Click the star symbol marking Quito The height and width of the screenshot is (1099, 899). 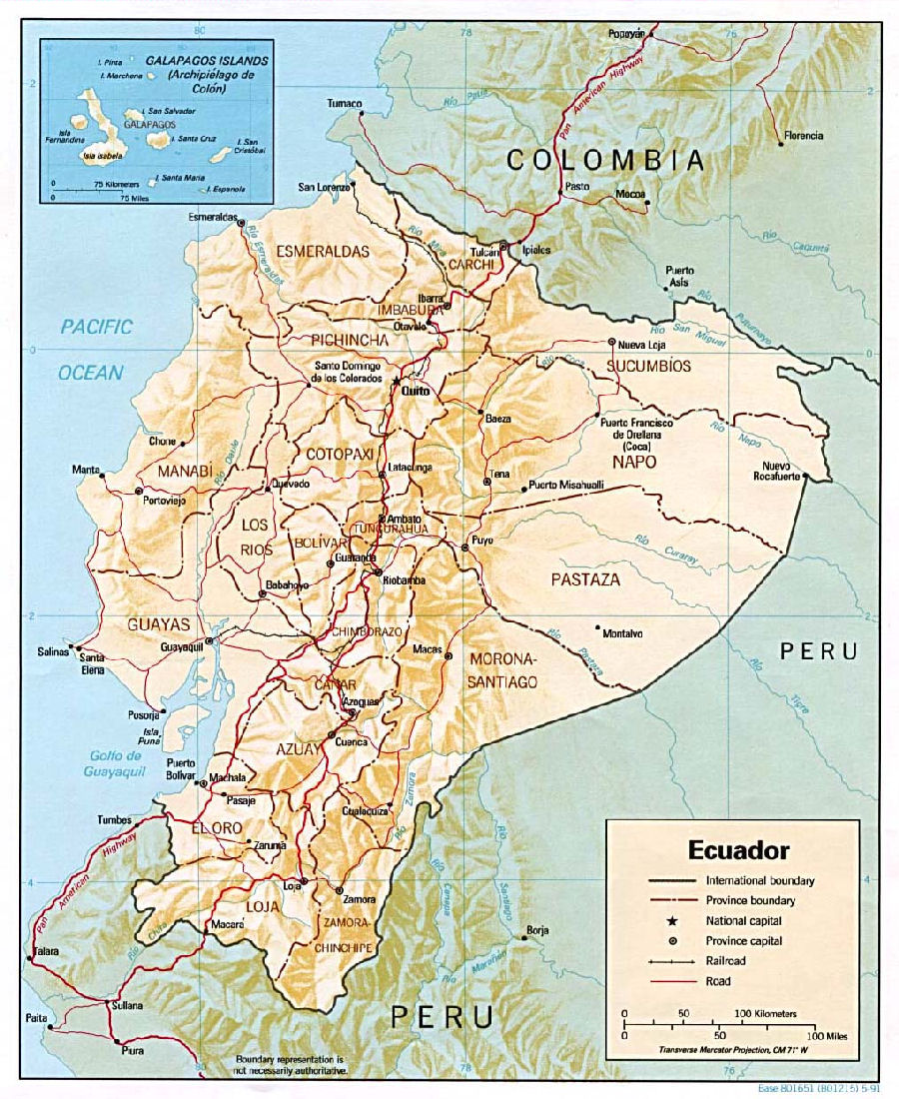[x=397, y=381]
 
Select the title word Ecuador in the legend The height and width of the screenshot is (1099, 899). [x=738, y=850]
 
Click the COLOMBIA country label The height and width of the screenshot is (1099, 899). [x=606, y=160]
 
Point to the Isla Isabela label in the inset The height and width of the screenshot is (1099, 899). [x=104, y=155]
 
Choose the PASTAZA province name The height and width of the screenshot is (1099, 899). [x=585, y=579]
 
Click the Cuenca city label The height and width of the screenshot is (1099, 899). [x=351, y=742]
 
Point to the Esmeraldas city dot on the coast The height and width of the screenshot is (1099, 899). [x=241, y=223]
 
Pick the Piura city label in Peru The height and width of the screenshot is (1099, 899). [x=132, y=1050]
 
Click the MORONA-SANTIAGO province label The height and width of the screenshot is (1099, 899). [x=503, y=670]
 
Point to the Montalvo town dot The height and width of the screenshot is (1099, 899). [x=597, y=628]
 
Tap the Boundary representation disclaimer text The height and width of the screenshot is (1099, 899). [x=290, y=1064]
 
